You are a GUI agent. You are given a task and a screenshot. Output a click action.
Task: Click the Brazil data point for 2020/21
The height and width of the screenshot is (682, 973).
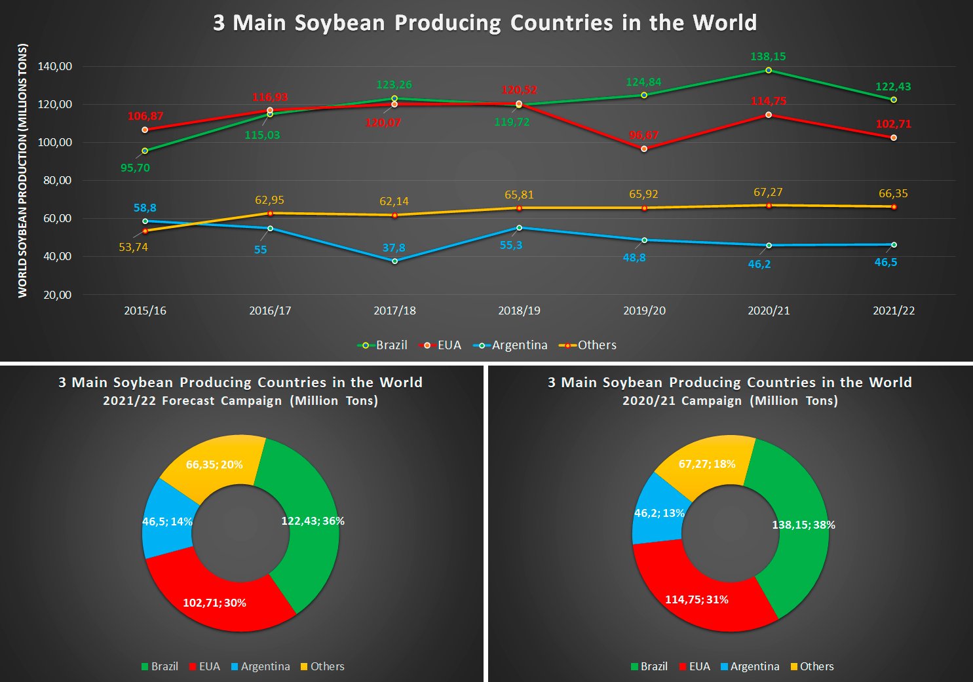769,70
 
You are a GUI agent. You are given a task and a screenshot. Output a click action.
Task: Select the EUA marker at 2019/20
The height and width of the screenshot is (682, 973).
644,149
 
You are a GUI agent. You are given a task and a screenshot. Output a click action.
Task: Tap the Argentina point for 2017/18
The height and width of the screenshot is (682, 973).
394,261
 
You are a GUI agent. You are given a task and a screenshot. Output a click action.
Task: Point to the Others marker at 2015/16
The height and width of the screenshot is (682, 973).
145,231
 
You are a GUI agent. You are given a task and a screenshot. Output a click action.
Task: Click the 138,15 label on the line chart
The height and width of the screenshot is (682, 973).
768,56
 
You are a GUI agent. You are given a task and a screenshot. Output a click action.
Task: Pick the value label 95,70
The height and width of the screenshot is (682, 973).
135,168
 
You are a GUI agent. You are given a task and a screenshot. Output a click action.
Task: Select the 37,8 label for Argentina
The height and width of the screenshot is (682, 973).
394,248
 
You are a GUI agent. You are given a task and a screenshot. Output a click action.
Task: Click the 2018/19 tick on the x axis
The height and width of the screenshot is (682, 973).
519,311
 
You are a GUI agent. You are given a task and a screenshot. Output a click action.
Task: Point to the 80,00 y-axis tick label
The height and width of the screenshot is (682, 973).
58,180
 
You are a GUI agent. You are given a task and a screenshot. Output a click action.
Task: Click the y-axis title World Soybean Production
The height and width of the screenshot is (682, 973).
23,170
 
